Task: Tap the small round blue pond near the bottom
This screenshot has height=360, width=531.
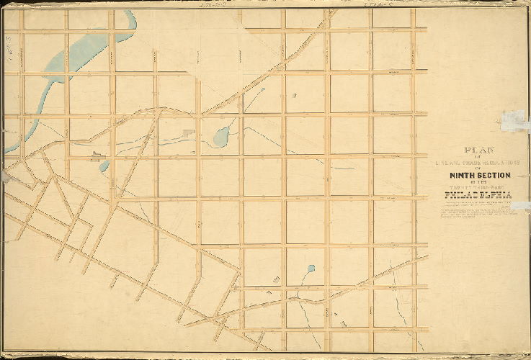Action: [x=311, y=269]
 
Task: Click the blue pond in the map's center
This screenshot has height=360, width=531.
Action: [x=223, y=135]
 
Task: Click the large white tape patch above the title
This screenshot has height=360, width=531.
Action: [x=516, y=120]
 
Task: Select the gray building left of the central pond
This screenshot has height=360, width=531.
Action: [x=189, y=132]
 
